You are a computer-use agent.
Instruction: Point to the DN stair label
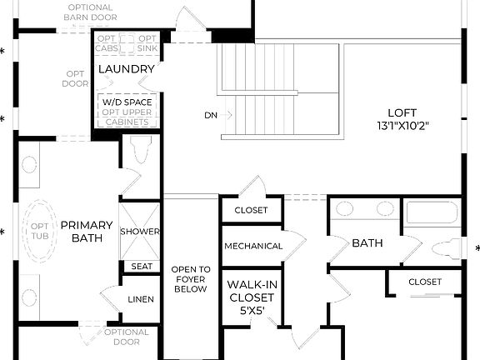(x=210, y=114)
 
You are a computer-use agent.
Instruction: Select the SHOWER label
(x=140, y=231)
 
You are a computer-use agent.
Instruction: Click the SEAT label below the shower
(x=140, y=267)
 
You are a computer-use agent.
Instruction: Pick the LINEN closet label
(x=141, y=299)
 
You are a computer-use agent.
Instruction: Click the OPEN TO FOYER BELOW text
(x=191, y=281)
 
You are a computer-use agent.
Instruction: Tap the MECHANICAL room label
(x=252, y=246)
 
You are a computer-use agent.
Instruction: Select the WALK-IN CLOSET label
(x=252, y=291)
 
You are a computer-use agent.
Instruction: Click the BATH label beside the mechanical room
(x=367, y=243)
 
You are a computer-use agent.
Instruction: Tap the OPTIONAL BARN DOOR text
(x=92, y=12)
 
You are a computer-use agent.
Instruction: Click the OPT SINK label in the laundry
(x=147, y=43)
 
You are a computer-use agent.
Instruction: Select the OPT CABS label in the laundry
(x=107, y=43)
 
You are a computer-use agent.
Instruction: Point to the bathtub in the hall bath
(x=432, y=213)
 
